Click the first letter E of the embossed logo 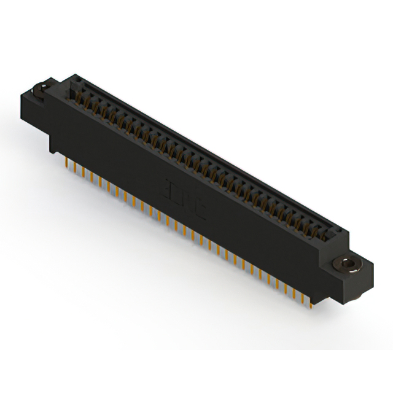(x=169, y=185)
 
